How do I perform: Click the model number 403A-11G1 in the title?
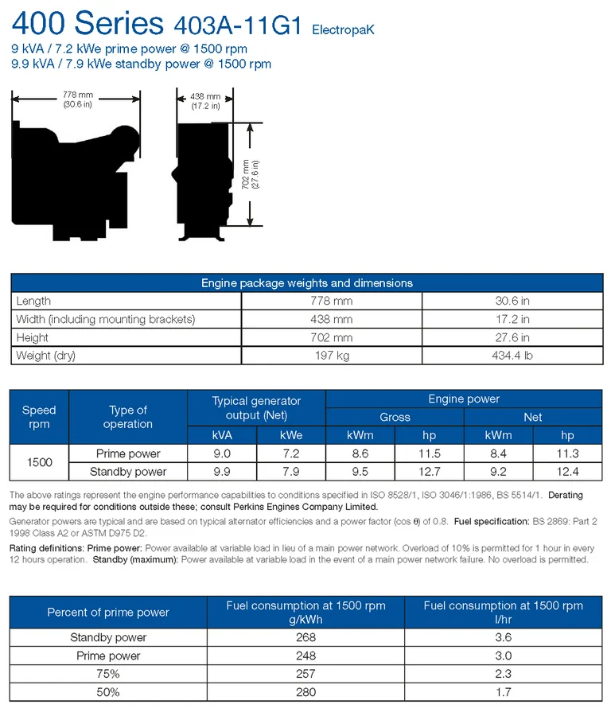point(237,25)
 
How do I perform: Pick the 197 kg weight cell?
point(331,356)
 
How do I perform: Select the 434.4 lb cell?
point(512,356)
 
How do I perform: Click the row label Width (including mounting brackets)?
point(104,319)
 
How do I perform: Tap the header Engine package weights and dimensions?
point(306,282)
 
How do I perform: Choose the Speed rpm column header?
point(39,417)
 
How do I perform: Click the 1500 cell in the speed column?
point(39,462)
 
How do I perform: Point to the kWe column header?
point(291,435)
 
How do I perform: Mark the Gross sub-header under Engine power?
point(395,417)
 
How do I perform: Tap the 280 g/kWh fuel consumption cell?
point(305,692)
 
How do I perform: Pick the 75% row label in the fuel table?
point(108,674)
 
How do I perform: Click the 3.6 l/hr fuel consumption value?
point(503,637)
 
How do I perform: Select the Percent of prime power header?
point(108,612)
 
